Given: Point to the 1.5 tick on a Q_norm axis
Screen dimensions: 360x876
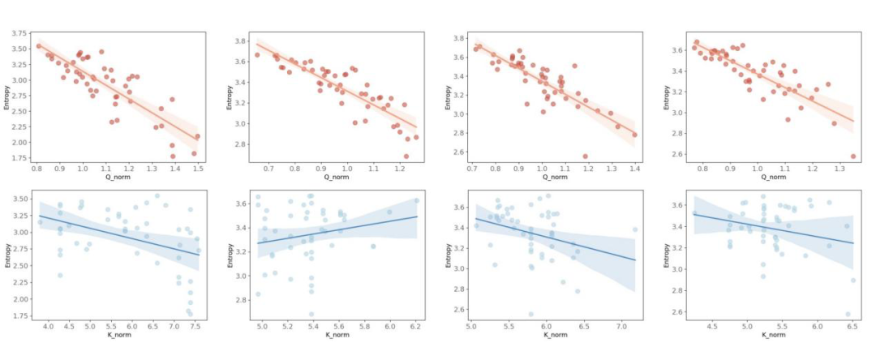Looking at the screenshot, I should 197,168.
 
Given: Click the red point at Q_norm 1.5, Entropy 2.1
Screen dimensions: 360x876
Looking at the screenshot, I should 197,136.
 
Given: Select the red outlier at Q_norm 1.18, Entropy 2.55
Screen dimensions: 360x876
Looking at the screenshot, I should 586,156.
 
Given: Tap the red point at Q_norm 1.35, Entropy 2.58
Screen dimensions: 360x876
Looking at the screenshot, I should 852,156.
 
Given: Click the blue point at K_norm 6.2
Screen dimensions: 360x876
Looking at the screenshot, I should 416,201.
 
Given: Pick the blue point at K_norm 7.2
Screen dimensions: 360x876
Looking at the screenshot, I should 635,229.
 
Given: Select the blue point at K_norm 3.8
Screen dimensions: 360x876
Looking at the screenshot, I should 40,221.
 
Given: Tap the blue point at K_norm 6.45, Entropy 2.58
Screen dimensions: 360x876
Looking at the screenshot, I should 848,315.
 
